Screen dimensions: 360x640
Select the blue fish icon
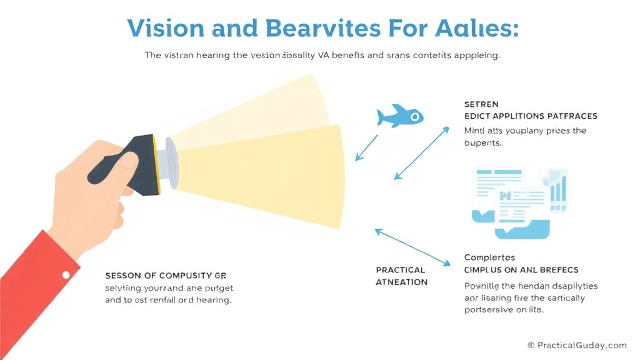(400, 117)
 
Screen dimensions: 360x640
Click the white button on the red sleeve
(66, 274)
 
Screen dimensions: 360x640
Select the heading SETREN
(481, 104)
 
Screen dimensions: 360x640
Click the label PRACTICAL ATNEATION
(401, 276)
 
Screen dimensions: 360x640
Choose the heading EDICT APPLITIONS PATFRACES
(531, 116)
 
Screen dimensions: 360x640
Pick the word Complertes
(489, 257)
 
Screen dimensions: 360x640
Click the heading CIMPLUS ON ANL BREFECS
(521, 270)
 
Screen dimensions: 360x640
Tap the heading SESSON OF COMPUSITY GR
(166, 275)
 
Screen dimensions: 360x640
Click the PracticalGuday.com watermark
(576, 345)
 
